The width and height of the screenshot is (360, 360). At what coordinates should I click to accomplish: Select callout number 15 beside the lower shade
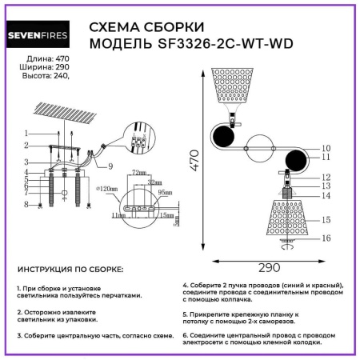click(x=326, y=219)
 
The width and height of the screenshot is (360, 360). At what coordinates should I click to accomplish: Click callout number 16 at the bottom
click(x=326, y=238)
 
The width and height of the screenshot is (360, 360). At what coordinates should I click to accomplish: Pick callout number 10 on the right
click(x=326, y=148)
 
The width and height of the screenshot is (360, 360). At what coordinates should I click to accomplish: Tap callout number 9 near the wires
click(x=111, y=166)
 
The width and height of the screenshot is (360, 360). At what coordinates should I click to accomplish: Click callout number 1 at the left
click(x=26, y=133)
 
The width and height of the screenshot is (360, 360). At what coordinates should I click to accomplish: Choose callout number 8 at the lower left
click(x=26, y=205)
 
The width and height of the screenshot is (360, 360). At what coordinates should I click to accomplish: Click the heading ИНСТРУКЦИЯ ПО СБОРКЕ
click(x=70, y=271)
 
